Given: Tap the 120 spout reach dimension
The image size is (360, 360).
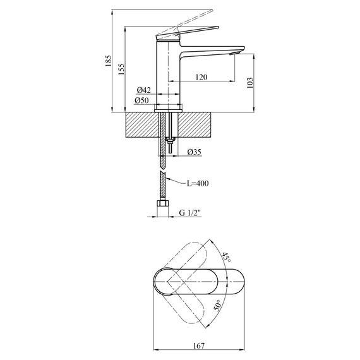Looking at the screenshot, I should [201, 77].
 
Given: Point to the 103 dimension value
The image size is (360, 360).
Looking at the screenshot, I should [251, 83].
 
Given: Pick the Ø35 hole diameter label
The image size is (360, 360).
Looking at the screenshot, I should [195, 152].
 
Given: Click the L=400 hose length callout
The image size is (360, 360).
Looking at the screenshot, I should [197, 183].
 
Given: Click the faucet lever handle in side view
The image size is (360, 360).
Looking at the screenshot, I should [189, 29].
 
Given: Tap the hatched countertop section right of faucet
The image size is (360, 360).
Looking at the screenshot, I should [199, 126].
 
